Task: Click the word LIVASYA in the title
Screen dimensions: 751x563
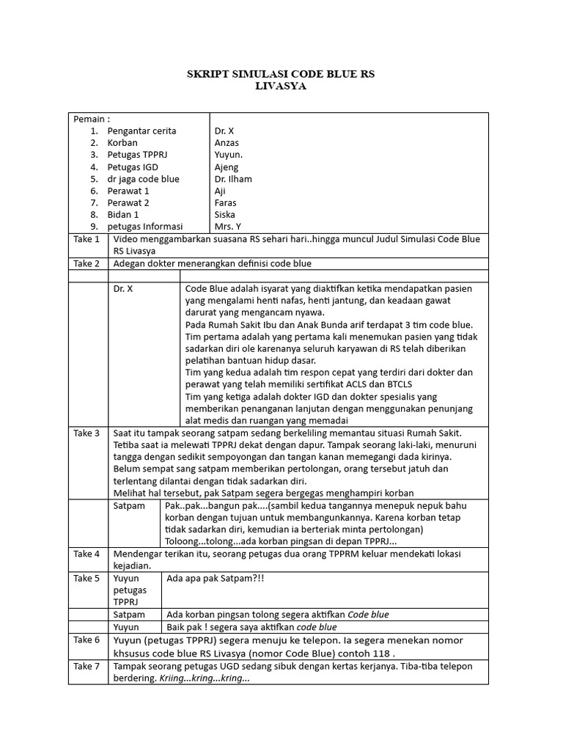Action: (281, 87)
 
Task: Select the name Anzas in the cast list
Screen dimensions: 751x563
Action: (226, 143)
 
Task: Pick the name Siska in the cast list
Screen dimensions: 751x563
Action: (224, 215)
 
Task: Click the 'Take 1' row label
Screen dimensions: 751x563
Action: (87, 239)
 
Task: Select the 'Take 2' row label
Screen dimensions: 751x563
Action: (87, 263)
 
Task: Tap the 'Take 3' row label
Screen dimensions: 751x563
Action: (87, 433)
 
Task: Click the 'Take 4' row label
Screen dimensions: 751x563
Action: (87, 554)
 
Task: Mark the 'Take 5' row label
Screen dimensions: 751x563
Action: (87, 579)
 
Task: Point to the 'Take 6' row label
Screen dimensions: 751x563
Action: (87, 640)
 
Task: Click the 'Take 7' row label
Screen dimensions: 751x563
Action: (87, 666)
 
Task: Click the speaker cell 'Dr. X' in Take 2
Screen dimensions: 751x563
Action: (123, 289)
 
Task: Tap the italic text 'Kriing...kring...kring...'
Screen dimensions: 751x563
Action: (204, 678)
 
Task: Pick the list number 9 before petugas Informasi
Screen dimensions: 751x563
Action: (94, 227)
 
